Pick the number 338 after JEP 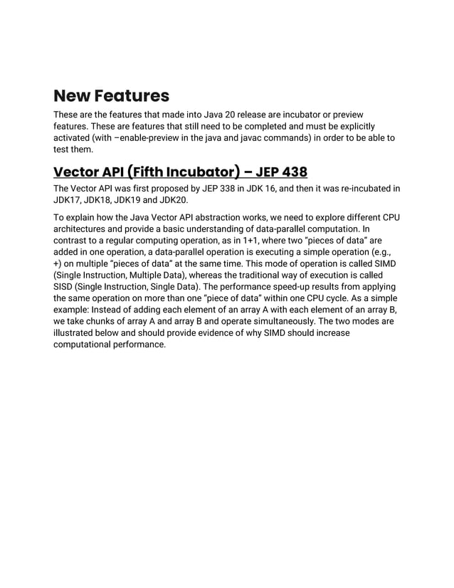[224, 188]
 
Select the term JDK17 [68, 200]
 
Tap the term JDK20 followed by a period [173, 200]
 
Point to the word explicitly [352, 127]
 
